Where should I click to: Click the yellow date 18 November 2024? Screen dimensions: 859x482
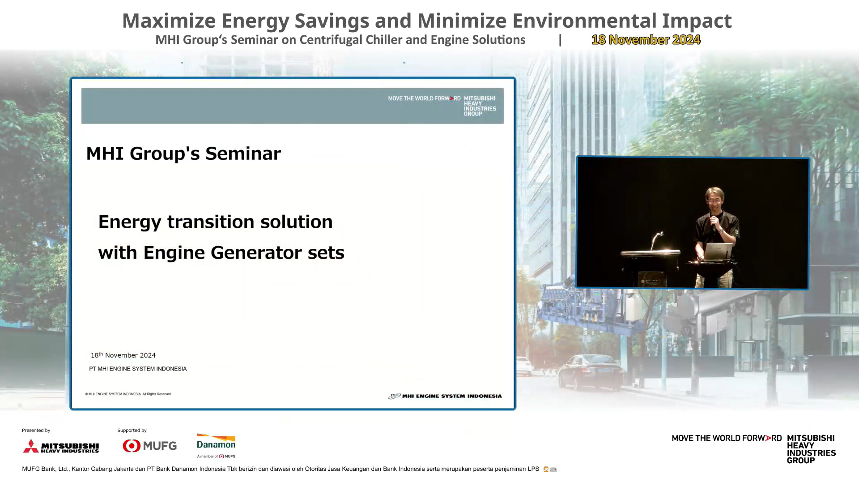(x=646, y=40)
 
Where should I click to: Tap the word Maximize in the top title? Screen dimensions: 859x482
(x=169, y=21)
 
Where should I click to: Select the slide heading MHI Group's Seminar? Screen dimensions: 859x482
(x=183, y=154)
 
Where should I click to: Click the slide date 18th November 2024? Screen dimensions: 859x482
(x=123, y=355)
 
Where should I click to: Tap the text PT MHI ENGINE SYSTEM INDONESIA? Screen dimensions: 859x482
(x=138, y=369)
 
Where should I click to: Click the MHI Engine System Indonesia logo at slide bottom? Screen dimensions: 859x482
(x=445, y=396)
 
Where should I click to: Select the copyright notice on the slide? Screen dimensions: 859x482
(x=128, y=394)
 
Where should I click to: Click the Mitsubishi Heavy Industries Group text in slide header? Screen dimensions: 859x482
(x=480, y=106)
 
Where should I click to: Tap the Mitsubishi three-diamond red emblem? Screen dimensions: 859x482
(x=31, y=446)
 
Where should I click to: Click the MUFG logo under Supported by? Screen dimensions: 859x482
(x=149, y=446)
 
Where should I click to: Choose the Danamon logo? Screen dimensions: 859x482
(x=216, y=445)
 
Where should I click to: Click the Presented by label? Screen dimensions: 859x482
(x=36, y=431)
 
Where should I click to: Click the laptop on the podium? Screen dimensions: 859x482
(x=717, y=252)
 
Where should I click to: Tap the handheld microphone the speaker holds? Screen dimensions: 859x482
(x=714, y=224)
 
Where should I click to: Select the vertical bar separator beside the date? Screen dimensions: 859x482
(x=560, y=40)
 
